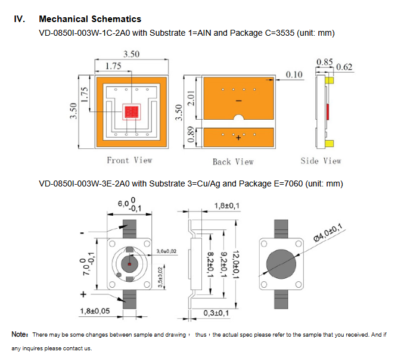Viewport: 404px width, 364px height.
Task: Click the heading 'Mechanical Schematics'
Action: [x=90, y=20]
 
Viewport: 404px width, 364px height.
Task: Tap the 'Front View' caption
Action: [x=129, y=160]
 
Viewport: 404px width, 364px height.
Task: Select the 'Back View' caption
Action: [x=233, y=161]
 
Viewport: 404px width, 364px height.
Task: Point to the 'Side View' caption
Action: [x=321, y=161]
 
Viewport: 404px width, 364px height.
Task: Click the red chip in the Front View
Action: [x=130, y=112]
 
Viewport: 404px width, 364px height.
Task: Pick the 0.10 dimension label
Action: [x=294, y=74]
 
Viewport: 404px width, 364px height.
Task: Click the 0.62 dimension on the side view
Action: [x=344, y=67]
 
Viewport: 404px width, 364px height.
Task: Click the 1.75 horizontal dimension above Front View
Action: [x=114, y=66]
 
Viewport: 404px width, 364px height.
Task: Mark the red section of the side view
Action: [x=327, y=111]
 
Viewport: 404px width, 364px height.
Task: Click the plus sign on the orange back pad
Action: [x=238, y=138]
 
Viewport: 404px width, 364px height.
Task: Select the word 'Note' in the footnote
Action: [x=20, y=334]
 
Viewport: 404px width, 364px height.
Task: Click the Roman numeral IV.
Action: [x=20, y=20]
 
